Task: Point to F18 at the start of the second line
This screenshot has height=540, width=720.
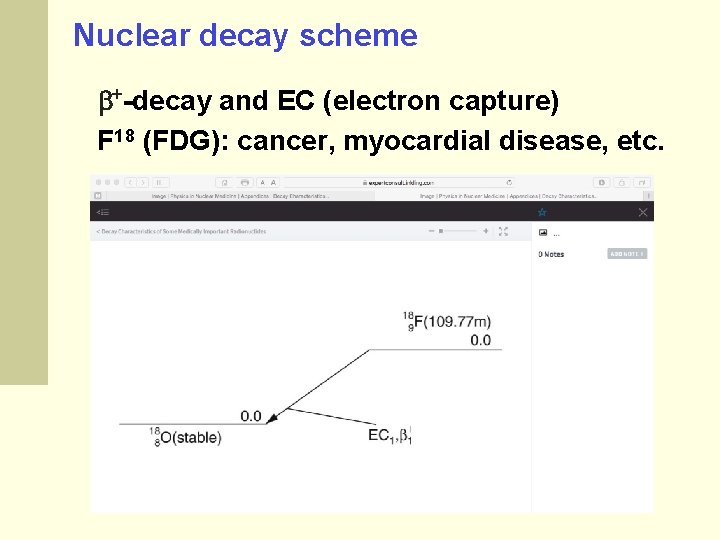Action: (116, 141)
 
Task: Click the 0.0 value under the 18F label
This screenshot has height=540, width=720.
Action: (480, 340)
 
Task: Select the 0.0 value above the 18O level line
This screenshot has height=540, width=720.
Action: (251, 416)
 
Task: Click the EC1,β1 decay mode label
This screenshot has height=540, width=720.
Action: (390, 435)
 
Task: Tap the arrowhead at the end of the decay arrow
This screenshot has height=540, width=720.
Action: (273, 418)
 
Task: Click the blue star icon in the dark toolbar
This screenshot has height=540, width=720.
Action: (542, 212)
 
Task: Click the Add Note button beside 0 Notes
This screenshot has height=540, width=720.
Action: (626, 254)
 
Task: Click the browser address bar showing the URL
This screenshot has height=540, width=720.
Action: (400, 183)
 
